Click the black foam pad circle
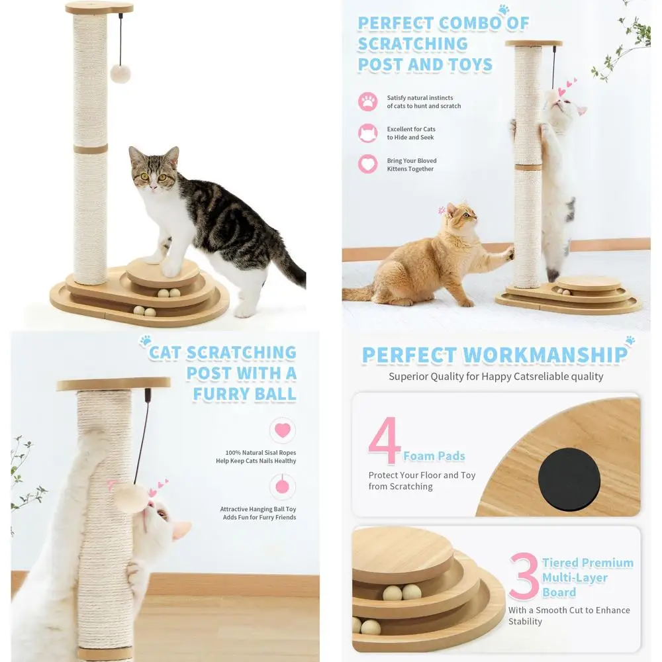point(569,479)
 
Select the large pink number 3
point(524,576)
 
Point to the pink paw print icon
point(367,102)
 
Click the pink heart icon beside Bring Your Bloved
point(367,164)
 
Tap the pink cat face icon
point(367,133)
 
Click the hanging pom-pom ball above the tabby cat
point(120,73)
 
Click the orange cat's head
point(461,218)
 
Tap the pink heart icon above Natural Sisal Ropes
point(283,430)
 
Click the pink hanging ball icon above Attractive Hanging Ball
point(283,487)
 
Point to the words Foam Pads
point(434,456)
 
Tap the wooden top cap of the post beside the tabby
point(99,8)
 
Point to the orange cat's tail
point(361,293)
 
